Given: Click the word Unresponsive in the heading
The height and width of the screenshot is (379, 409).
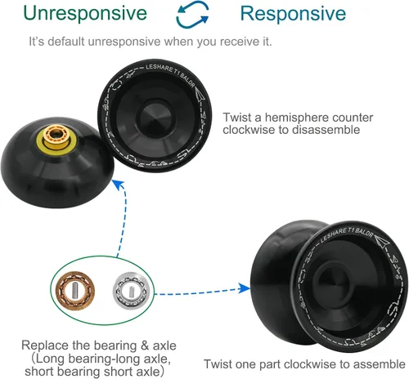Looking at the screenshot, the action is pos(85,14).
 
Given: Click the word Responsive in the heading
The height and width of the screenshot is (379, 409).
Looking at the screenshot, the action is pos(293,14).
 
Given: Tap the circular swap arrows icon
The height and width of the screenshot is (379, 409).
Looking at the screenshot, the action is pos(192,15).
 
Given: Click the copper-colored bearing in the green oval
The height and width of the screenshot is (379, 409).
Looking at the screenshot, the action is pos(75,291).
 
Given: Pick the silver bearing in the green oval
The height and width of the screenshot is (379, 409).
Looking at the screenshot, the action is pos(132,291).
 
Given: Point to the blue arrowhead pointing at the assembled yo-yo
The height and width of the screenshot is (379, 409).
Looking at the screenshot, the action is pos(244,288).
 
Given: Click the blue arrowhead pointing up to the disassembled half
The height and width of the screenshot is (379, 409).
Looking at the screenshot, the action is pos(119,185).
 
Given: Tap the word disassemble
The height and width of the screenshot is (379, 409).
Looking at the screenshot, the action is pos(326,130).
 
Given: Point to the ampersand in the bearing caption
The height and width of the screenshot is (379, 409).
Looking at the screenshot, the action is pos(145,346).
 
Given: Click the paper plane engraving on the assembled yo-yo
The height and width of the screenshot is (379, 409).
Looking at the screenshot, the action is pos(382,241).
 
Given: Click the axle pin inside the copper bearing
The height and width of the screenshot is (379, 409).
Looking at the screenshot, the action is pos(75,289).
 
